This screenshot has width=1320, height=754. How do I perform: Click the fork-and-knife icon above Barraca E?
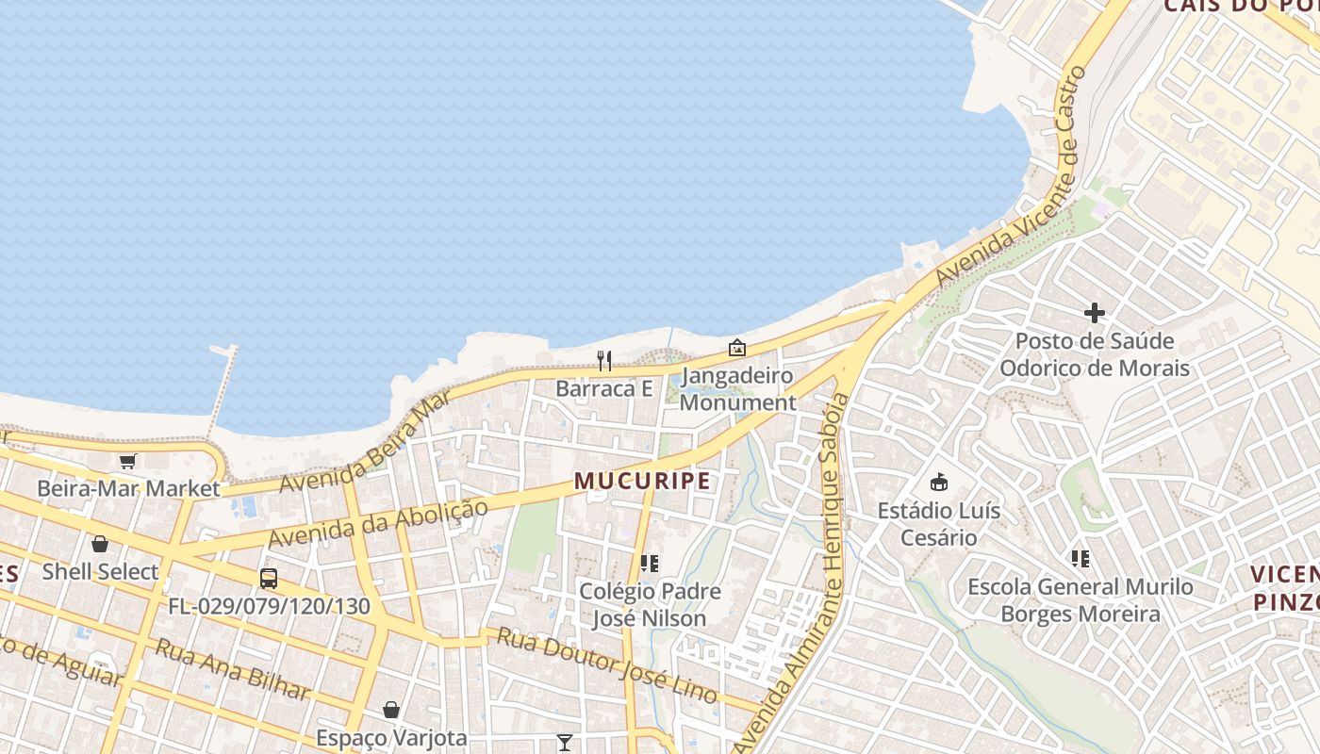(604, 360)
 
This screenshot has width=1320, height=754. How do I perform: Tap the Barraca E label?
(604, 388)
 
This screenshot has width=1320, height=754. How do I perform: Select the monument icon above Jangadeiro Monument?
(737, 348)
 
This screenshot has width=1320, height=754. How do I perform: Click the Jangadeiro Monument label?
(737, 389)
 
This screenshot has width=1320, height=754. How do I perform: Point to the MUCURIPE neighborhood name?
(642, 481)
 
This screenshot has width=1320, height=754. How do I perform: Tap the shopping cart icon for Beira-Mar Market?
(127, 461)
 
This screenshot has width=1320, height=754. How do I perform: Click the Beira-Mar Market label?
(128, 488)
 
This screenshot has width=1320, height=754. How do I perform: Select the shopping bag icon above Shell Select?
(100, 544)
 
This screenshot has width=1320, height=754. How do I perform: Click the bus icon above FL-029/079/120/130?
(269, 578)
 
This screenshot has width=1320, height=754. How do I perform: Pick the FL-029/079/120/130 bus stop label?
(270, 606)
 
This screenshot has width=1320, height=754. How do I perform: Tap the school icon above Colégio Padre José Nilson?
(649, 564)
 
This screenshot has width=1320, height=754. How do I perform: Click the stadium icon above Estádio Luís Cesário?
(939, 483)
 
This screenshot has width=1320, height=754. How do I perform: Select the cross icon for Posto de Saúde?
(1095, 313)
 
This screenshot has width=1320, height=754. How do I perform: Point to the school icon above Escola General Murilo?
(1081, 559)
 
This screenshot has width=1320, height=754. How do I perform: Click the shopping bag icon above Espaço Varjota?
(391, 710)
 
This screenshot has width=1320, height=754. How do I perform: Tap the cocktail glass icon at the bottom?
(565, 743)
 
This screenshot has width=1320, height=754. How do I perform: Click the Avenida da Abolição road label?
(378, 524)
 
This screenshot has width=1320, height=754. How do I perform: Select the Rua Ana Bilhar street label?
(232, 670)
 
